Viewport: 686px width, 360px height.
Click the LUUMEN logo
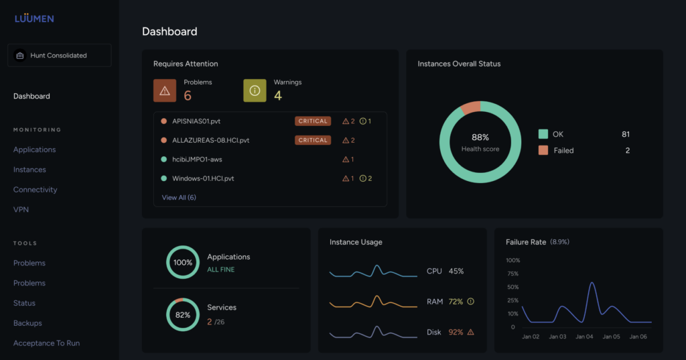pyautogui.click(x=34, y=18)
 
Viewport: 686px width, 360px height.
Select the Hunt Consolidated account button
pyautogui.click(x=59, y=56)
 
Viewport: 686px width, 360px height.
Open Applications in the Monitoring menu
pyautogui.click(x=34, y=149)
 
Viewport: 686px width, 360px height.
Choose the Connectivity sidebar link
pyautogui.click(x=35, y=190)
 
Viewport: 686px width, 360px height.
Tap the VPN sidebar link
pyautogui.click(x=21, y=210)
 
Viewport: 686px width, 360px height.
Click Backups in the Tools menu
pyautogui.click(x=27, y=323)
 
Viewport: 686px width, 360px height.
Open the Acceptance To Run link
pyautogui.click(x=46, y=343)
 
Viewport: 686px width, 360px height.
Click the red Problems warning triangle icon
pyautogui.click(x=165, y=90)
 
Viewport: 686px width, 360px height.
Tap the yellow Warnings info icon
pyautogui.click(x=255, y=90)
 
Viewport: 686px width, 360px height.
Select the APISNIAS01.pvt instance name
pyautogui.click(x=196, y=121)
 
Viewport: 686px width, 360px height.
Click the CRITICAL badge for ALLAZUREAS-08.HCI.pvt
pyautogui.click(x=313, y=140)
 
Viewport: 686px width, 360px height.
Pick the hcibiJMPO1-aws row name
pyautogui.click(x=197, y=160)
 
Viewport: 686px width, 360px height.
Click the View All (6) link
pyautogui.click(x=179, y=198)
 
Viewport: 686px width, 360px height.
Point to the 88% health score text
pyautogui.click(x=480, y=137)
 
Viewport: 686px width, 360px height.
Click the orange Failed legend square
pyautogui.click(x=543, y=150)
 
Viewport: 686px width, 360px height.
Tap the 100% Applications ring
pyautogui.click(x=183, y=263)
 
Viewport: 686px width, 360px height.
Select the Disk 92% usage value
pyautogui.click(x=456, y=332)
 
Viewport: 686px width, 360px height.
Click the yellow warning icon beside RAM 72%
pyautogui.click(x=470, y=302)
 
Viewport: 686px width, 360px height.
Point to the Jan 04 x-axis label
pyautogui.click(x=584, y=337)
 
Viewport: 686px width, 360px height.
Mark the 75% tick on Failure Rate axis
pyautogui.click(x=512, y=274)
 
